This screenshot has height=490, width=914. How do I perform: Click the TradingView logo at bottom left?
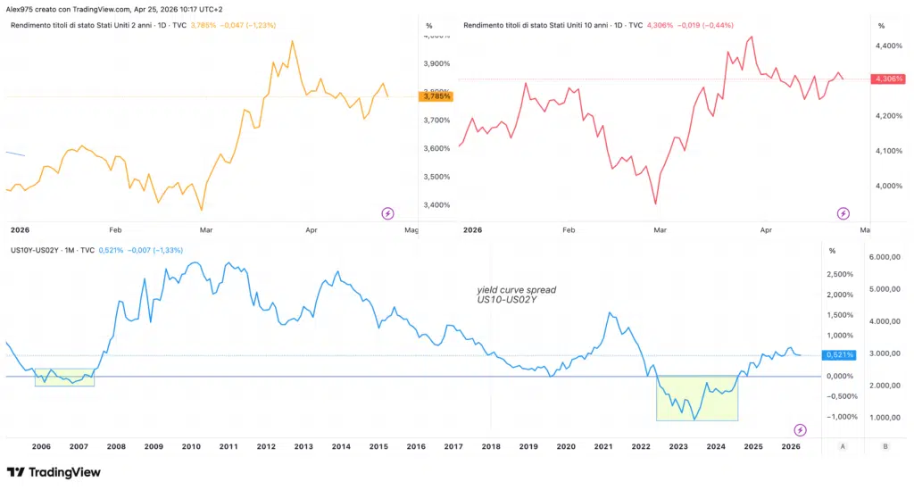54,472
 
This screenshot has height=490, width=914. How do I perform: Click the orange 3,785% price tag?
435,96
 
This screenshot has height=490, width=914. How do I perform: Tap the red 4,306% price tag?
888,79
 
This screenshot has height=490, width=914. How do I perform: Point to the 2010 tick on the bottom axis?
191,445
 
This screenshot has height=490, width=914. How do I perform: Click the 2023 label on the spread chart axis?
678,445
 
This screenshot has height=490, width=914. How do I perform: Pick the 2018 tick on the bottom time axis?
491,445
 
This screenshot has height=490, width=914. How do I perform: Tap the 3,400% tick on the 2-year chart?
435,205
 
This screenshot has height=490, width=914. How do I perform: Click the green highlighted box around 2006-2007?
64,378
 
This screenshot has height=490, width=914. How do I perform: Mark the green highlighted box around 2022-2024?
696,398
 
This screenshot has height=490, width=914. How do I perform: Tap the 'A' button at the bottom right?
843,445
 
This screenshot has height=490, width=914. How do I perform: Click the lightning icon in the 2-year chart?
387,213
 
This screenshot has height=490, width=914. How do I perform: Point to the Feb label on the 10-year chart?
569,230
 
